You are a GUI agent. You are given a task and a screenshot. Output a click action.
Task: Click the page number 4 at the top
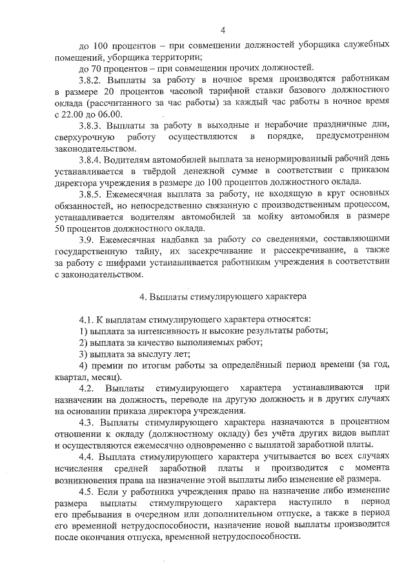point(222,29)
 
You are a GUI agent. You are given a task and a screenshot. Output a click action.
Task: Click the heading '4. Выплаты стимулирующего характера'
point(223,297)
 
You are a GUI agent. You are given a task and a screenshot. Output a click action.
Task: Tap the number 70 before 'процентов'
point(99,66)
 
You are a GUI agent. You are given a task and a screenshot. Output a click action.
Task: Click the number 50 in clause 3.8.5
point(61,228)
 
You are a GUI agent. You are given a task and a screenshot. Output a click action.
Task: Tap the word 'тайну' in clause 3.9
point(146,250)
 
